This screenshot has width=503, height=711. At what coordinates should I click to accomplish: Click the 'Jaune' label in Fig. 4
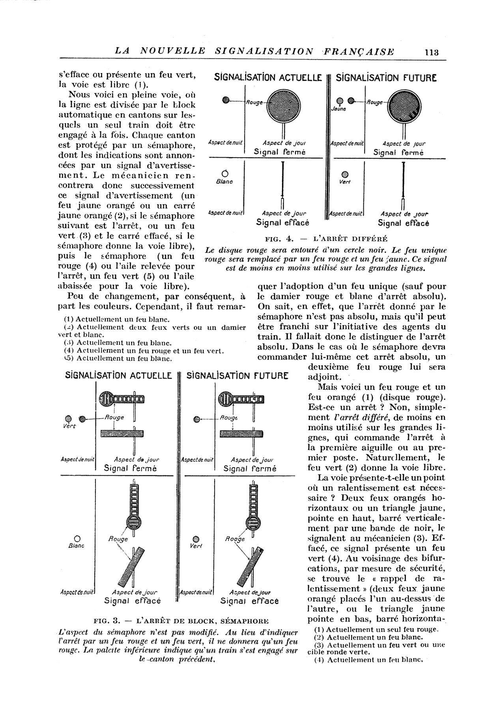tap(339, 109)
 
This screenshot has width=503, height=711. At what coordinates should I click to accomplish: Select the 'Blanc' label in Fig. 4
tap(224, 182)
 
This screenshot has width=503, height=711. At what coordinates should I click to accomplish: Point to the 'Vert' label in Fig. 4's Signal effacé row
tap(345, 182)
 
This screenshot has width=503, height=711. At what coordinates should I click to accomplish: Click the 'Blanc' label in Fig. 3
tap(78, 545)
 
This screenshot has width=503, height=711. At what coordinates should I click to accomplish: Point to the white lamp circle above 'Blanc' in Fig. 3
tap(77, 538)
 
